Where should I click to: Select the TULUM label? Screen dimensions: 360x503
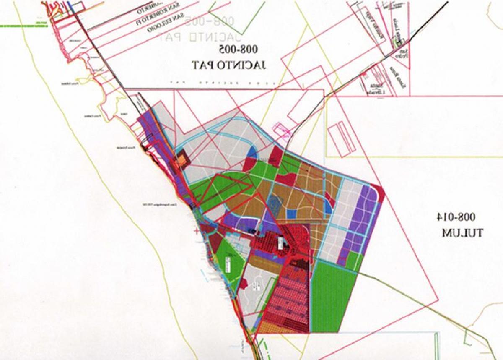pyautogui.click(x=462, y=232)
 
